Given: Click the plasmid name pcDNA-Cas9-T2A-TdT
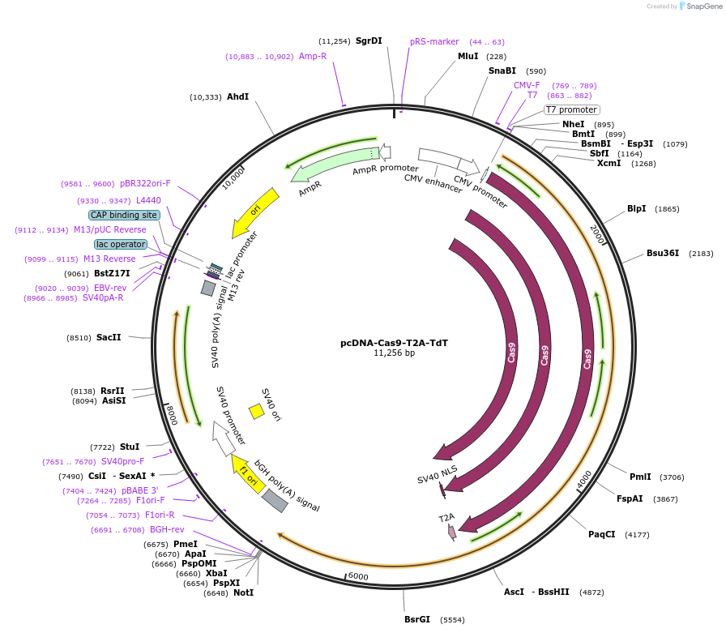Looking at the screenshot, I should click(394, 343).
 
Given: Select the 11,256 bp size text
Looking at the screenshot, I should click(394, 353).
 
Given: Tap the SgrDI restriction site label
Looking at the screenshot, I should click(369, 41).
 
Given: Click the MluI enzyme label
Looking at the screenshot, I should click(468, 56).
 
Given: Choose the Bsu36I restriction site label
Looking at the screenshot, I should click(663, 253).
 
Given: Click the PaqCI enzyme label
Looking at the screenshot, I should click(602, 534).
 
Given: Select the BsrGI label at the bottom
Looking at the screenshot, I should click(417, 619).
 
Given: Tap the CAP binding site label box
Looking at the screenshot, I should click(124, 215).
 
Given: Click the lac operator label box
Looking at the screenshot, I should click(121, 244).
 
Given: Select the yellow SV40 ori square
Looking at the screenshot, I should click(257, 411).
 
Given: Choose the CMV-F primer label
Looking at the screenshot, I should click(527, 85).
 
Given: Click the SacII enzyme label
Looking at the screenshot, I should click(109, 337).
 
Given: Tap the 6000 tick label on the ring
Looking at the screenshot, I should click(358, 576).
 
